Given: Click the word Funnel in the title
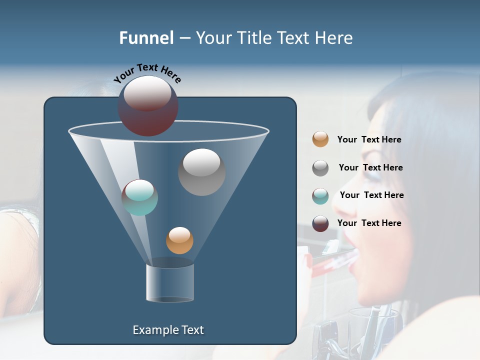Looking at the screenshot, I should point(146,38).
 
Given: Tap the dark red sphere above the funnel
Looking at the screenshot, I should point(148,105).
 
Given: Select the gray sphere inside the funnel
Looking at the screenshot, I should point(201,172).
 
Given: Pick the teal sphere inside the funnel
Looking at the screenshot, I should point(139,197).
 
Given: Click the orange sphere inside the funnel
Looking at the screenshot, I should point(179,240).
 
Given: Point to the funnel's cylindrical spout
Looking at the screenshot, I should point(170,283).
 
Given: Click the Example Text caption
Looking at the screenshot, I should point(168,330).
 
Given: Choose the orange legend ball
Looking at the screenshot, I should point(320,139).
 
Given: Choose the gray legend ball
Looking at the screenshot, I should point(320,168).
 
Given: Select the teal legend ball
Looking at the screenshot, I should point(320,196).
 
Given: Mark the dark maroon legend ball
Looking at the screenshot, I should point(320,223).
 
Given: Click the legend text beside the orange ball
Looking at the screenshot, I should point(369,140).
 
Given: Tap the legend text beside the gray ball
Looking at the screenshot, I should point(370,168).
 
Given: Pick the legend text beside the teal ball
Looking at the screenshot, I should point(371,195).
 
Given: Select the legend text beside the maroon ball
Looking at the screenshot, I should point(369,223).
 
